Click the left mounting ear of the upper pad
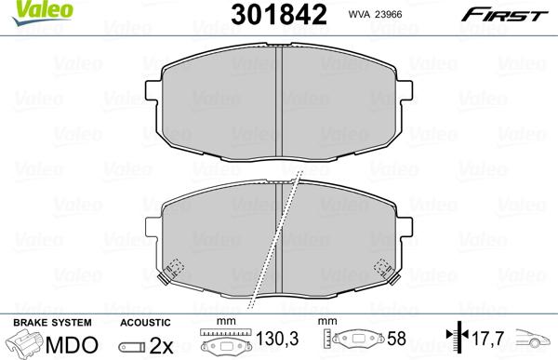tap(153, 89)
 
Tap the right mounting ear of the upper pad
tap(405, 89)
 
